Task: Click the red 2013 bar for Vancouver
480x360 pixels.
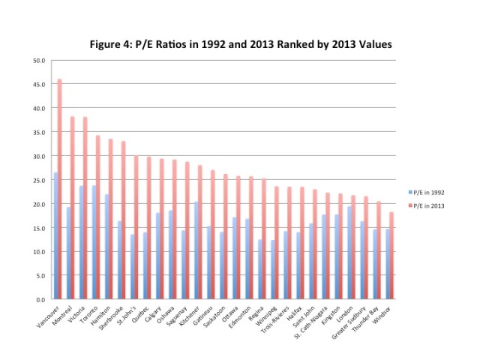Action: (59, 187)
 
